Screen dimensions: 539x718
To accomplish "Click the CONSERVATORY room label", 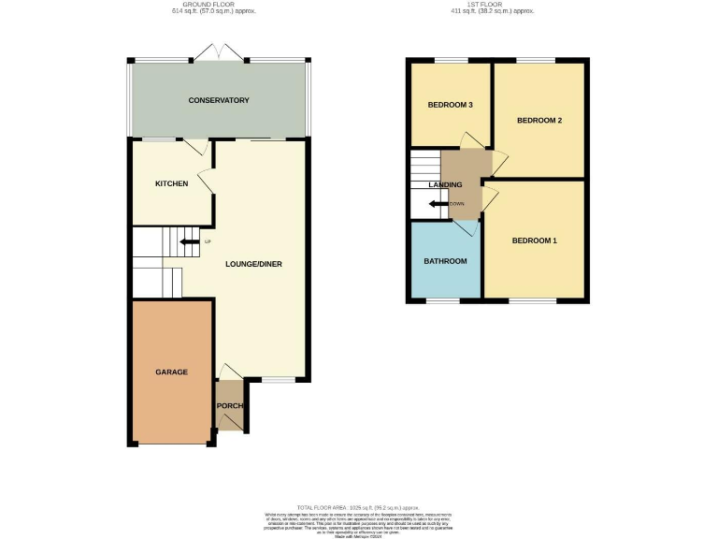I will [218, 100].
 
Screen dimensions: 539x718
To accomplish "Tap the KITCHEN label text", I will [172, 183].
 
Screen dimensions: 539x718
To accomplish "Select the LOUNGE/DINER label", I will [253, 264].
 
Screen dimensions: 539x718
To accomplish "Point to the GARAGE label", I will [171, 371].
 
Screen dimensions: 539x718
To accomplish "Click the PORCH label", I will [230, 406].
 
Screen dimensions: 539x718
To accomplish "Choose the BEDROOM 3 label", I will [449, 105].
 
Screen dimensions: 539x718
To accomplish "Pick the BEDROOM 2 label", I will [538, 121].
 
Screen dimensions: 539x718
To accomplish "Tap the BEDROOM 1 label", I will [534, 240].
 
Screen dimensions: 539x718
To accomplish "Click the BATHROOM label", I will [444, 261].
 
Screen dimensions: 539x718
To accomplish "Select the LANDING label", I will [445, 185].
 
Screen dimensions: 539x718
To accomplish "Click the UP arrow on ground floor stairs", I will [190, 242].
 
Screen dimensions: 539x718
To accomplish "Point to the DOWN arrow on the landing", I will [439, 203].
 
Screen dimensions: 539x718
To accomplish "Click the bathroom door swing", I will [467, 226].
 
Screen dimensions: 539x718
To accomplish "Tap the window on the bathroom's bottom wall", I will [444, 301].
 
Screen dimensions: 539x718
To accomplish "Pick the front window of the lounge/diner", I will [276, 379].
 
